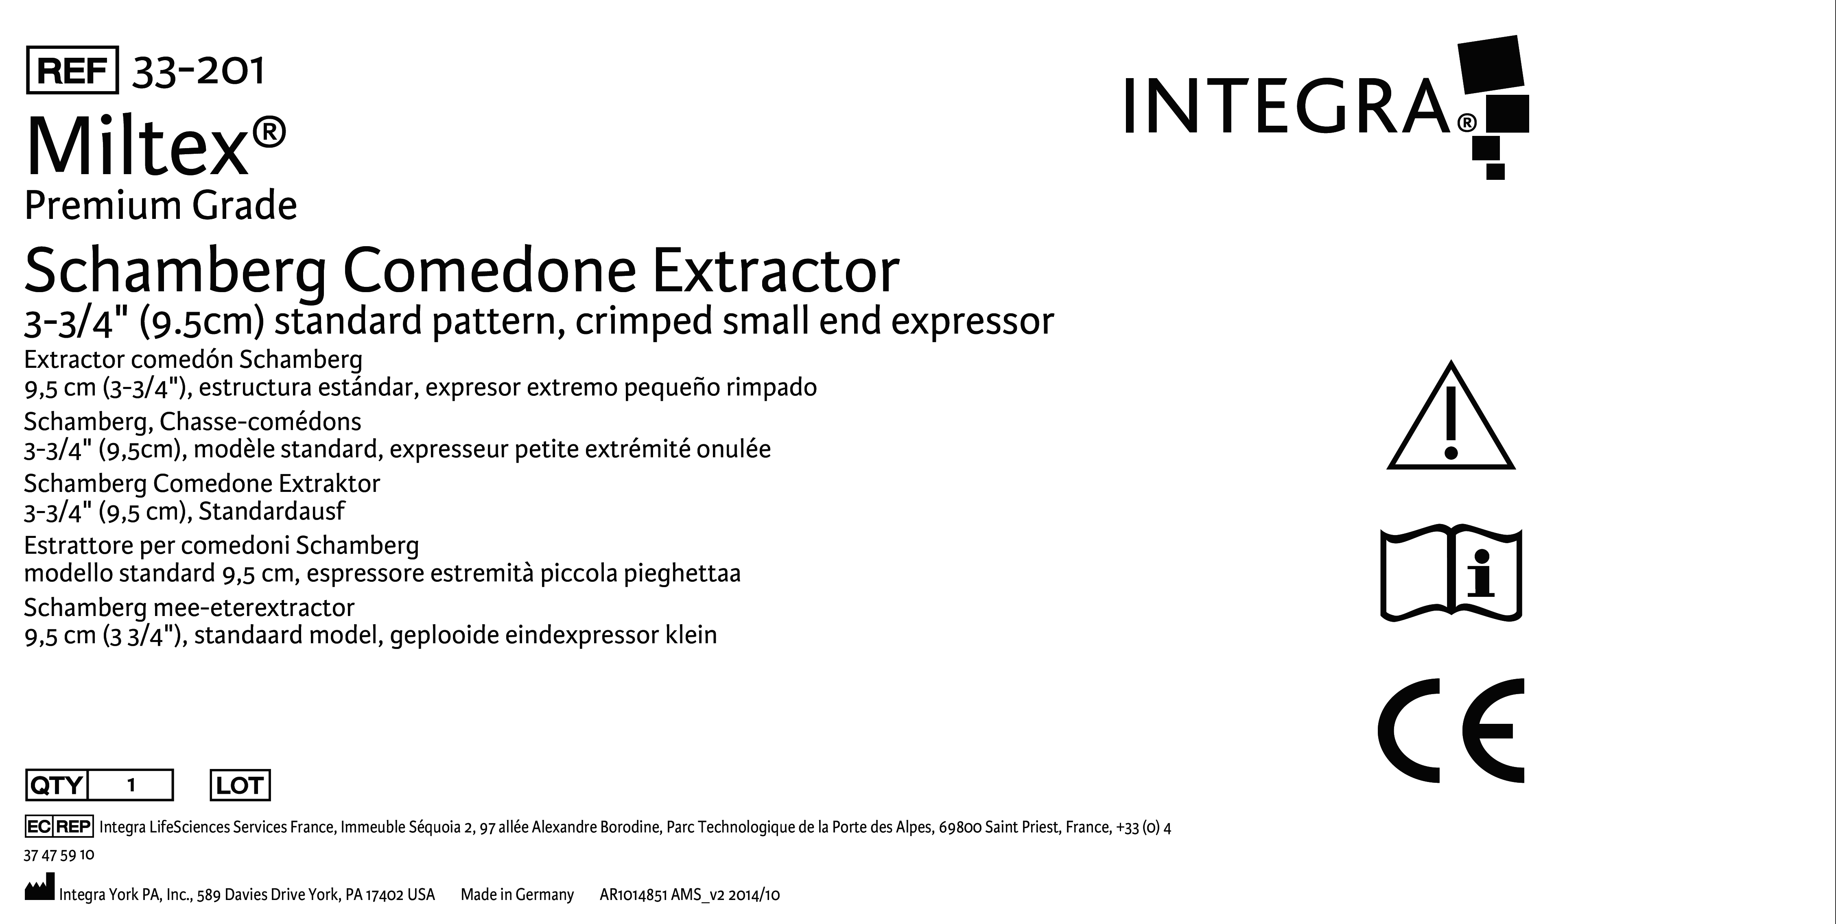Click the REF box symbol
pyautogui.click(x=72, y=70)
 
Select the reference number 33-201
pyautogui.click(x=198, y=70)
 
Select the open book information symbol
pyautogui.click(x=1451, y=574)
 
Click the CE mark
pyautogui.click(x=1451, y=731)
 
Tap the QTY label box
pyautogui.click(x=56, y=785)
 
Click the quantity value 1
pyautogui.click(x=131, y=785)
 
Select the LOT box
pyautogui.click(x=240, y=785)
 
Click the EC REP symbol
pyautogui.click(x=59, y=826)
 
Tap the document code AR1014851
pyautogui.click(x=633, y=895)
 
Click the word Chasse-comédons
pyautogui.click(x=260, y=422)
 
